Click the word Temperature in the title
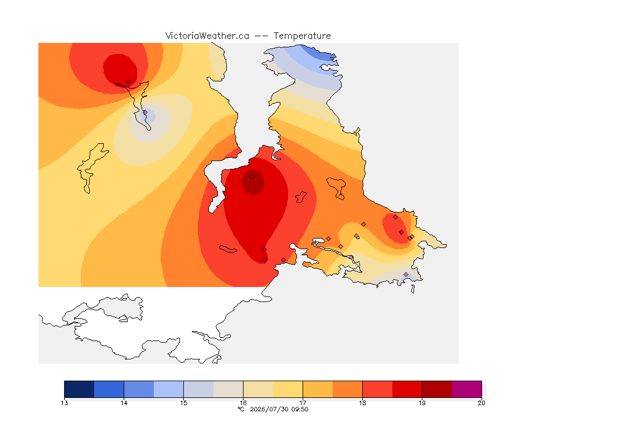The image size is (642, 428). (x=302, y=36)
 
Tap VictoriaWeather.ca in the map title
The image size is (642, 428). (x=207, y=36)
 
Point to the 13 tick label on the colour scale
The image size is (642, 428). (x=64, y=403)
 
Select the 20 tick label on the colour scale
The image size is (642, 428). (x=481, y=403)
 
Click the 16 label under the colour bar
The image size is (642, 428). (x=243, y=403)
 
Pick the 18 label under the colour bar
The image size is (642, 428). (x=362, y=403)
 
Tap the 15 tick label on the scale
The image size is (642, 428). (x=183, y=403)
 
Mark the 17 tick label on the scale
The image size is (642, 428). (x=303, y=403)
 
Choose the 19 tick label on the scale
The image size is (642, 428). (x=422, y=403)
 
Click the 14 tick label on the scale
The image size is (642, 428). (x=124, y=403)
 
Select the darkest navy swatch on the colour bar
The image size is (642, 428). (x=79, y=389)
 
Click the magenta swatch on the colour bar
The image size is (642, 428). (x=467, y=389)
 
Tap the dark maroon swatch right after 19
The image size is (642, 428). (x=437, y=389)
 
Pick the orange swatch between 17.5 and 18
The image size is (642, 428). (x=348, y=389)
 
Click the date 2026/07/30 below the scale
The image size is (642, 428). (x=269, y=409)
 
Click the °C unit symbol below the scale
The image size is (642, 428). (x=241, y=409)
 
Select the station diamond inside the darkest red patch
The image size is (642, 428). (x=252, y=177)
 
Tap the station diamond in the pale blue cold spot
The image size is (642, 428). (x=145, y=112)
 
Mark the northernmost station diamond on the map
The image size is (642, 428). (x=129, y=82)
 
